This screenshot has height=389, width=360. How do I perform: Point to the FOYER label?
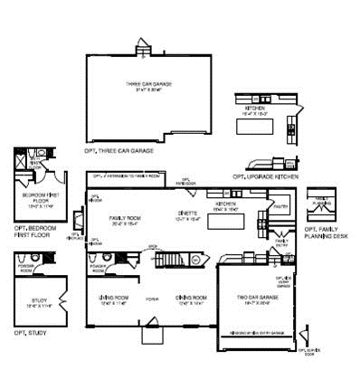point(151,299)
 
